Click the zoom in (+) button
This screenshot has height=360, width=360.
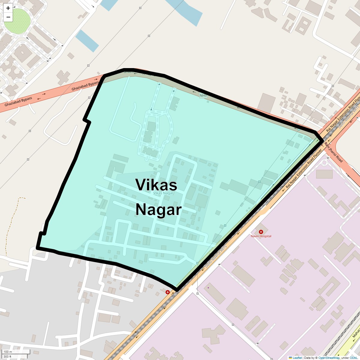pyautogui.click(x=8, y=8)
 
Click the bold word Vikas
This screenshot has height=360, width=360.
pyautogui.click(x=156, y=185)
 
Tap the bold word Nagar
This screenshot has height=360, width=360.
pyautogui.click(x=158, y=210)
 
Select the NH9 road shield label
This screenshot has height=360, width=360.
pyautogui.click(x=203, y=96)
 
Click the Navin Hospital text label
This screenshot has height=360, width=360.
pyautogui.click(x=261, y=236)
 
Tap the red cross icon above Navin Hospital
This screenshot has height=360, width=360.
pyautogui.click(x=261, y=232)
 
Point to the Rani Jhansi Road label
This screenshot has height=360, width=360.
pyautogui.click(x=333, y=152)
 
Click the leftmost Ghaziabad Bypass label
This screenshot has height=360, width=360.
pyautogui.click(x=18, y=102)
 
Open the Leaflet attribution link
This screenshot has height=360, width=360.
pyautogui.click(x=297, y=358)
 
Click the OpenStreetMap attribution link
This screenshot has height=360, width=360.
pyautogui.click(x=329, y=358)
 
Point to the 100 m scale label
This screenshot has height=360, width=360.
pyautogui.click(x=8, y=352)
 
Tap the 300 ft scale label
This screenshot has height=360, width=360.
pyautogui.click(x=7, y=357)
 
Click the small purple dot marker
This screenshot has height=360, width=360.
pyautogui.click(x=208, y=288)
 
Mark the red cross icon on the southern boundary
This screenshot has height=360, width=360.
pyautogui.click(x=168, y=292)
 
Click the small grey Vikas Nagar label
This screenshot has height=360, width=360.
pyautogui.click(x=163, y=193)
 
